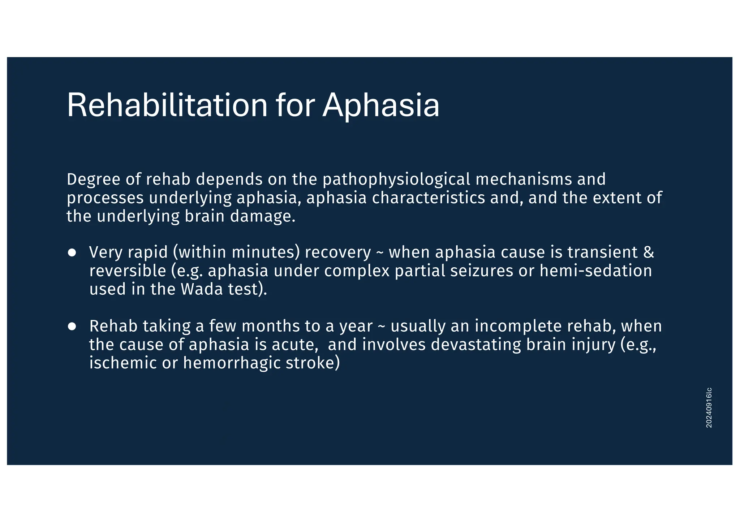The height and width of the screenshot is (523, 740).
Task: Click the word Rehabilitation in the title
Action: click(167, 105)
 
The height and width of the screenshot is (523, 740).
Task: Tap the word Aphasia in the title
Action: click(381, 105)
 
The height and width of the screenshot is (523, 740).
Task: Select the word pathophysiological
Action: click(396, 180)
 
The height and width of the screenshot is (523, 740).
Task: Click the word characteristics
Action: click(428, 198)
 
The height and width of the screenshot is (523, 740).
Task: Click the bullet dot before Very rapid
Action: click(72, 252)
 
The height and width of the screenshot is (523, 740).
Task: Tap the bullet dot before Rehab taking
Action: click(72, 326)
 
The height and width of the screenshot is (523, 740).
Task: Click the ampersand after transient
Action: click(649, 252)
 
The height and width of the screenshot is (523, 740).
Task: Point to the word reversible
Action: click(128, 271)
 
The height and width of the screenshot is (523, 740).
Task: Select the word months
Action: click(270, 326)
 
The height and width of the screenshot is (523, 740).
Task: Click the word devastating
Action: click(476, 345)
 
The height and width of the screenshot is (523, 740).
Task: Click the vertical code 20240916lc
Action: click(709, 408)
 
